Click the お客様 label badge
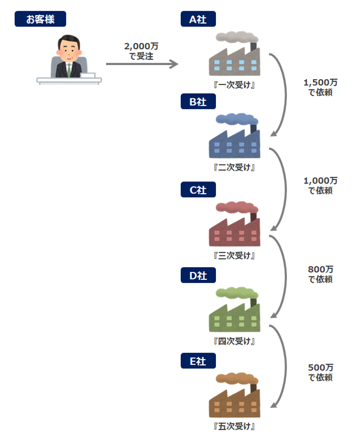40,19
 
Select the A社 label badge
198,19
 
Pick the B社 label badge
198,102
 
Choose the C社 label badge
198,190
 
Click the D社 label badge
198,275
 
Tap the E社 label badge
198,361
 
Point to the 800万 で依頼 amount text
321,274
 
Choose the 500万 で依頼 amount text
321,372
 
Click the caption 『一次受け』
234,85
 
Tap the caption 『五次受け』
234,426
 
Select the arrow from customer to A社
142,64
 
